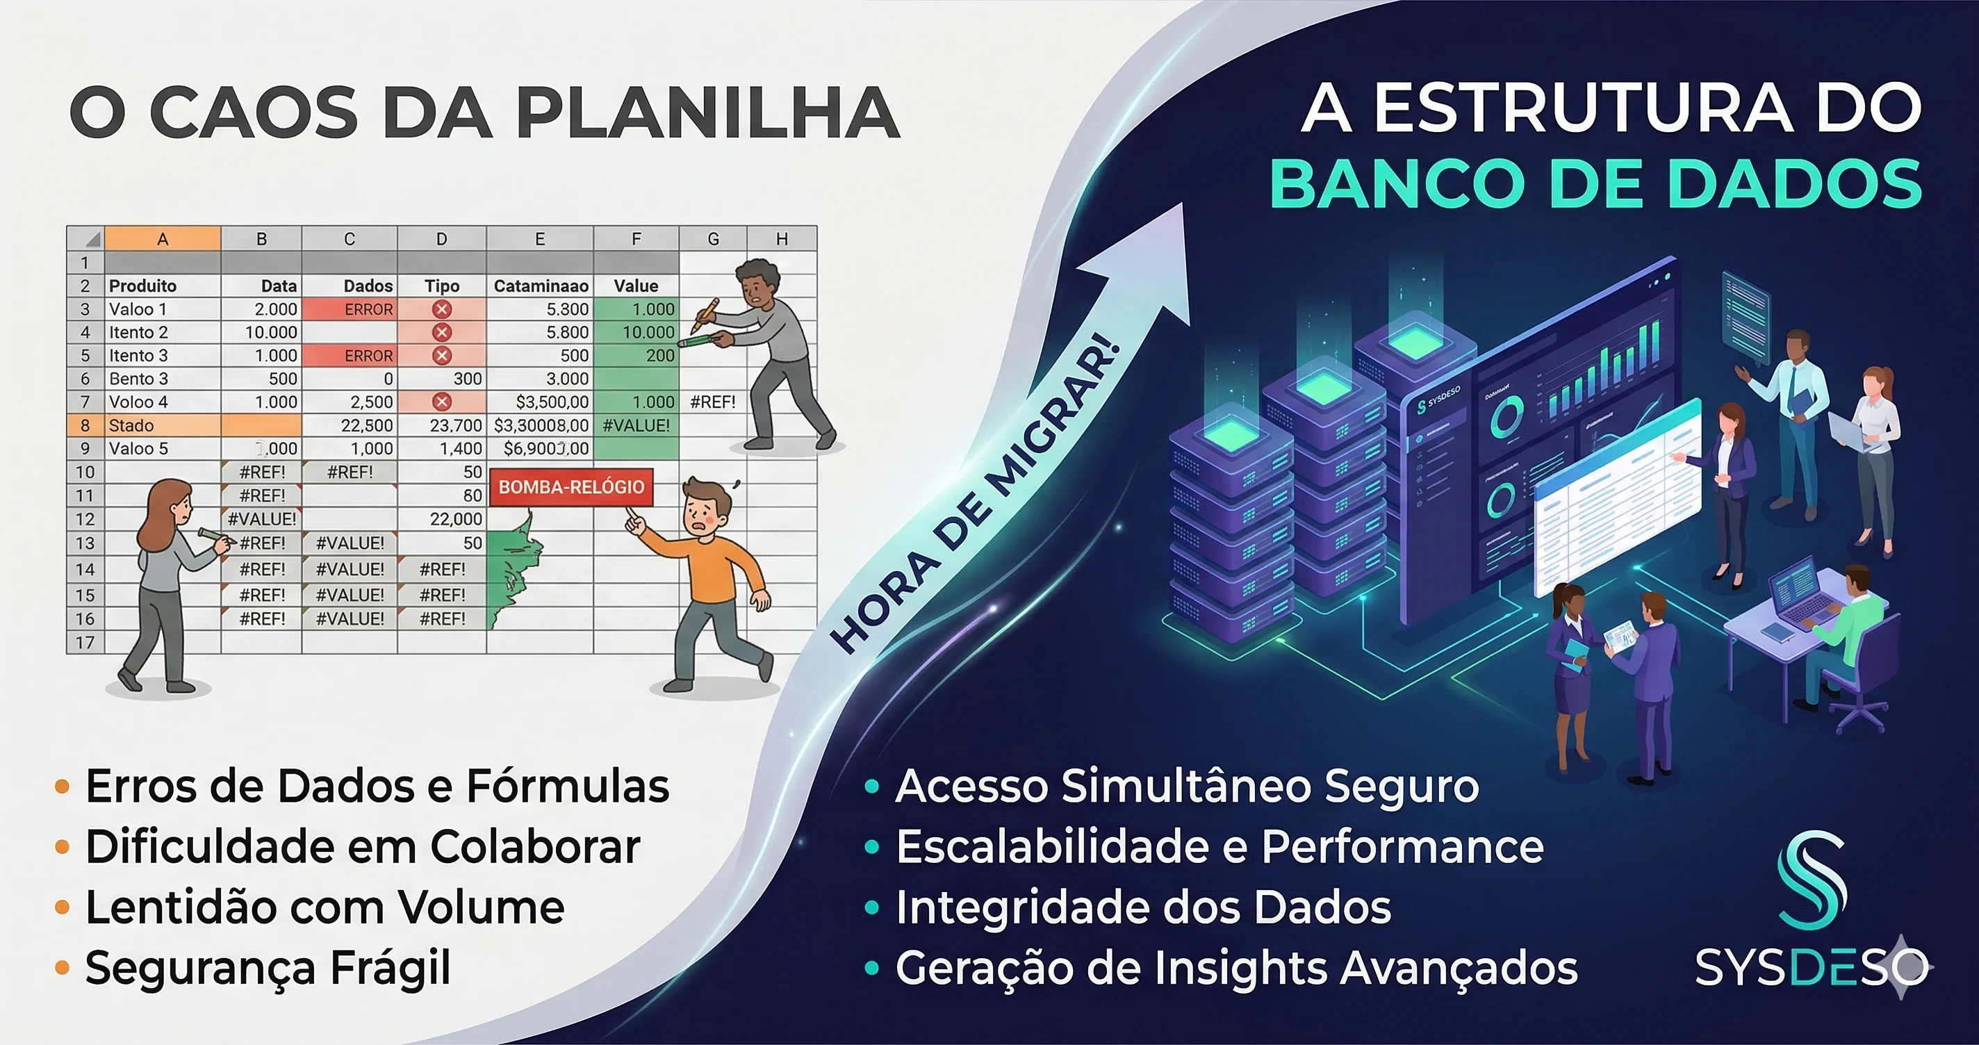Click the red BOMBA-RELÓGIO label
point(570,487)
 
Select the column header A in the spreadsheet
point(162,239)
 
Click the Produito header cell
point(143,286)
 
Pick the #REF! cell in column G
point(712,402)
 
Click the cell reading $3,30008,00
point(541,425)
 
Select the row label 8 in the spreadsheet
point(85,426)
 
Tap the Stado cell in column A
point(131,426)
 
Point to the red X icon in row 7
point(442,402)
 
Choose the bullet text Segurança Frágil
point(268,967)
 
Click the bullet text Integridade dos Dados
point(1143,907)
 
